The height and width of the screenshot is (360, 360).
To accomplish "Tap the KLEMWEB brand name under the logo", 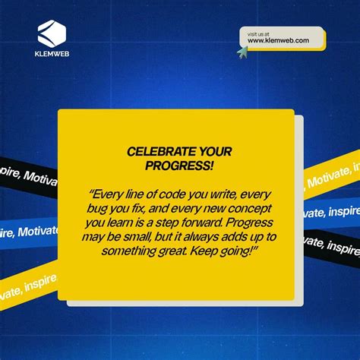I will (x=52, y=55).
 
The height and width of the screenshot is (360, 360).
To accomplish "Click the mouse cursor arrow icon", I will (x=242, y=52).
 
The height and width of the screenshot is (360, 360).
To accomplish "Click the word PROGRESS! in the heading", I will (x=180, y=165).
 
